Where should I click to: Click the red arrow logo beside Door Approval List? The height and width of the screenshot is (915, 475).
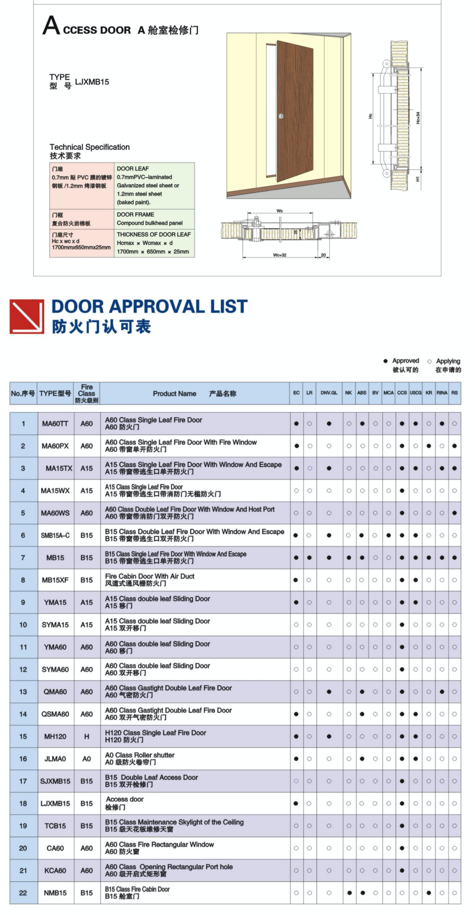pos(27,316)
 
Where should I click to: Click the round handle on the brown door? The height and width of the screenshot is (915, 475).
pos(281,117)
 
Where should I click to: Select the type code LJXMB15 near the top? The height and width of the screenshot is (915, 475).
pos(92,82)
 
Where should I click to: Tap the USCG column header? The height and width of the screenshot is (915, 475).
pos(415,393)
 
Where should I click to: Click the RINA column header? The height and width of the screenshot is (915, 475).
pos(442,393)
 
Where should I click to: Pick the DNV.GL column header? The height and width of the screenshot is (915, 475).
pos(328,393)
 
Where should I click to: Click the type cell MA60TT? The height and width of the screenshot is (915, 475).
pos(55,424)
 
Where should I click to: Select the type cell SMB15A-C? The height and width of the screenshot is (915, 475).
pos(55,536)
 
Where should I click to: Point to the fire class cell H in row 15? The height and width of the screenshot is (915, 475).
pos(86,736)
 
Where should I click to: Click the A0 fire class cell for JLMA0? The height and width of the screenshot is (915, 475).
pos(86,759)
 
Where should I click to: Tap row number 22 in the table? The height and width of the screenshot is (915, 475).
pos(23,893)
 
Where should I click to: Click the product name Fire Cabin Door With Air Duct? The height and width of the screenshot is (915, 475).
pos(150,576)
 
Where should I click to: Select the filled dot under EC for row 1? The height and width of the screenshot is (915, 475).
pos(296,424)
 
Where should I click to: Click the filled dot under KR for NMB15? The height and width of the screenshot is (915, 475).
pos(429,893)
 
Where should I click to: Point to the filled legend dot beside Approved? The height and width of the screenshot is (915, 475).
pos(385,361)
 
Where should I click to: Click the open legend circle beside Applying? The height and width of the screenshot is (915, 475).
pos(429,361)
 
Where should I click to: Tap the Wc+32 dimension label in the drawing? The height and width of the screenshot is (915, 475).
pos(279,255)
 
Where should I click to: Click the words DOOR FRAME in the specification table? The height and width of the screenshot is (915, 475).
pos(135,215)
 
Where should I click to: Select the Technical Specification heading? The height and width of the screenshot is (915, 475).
pos(89,147)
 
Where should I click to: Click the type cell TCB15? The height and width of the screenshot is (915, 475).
pos(55,826)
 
